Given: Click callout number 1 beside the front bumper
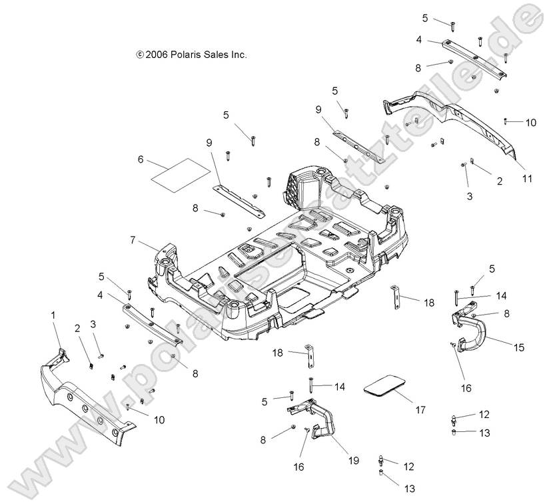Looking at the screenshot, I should pos(54,313).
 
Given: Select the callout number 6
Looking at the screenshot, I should pos(141,159).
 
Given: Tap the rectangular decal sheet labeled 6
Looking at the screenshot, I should pos(177,175).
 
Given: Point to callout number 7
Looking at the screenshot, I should pos(133,239).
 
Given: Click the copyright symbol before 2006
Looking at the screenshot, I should pos(139,55).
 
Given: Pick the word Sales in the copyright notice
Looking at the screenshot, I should pos(217,55).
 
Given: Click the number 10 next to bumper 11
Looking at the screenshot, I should pos(530,123).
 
